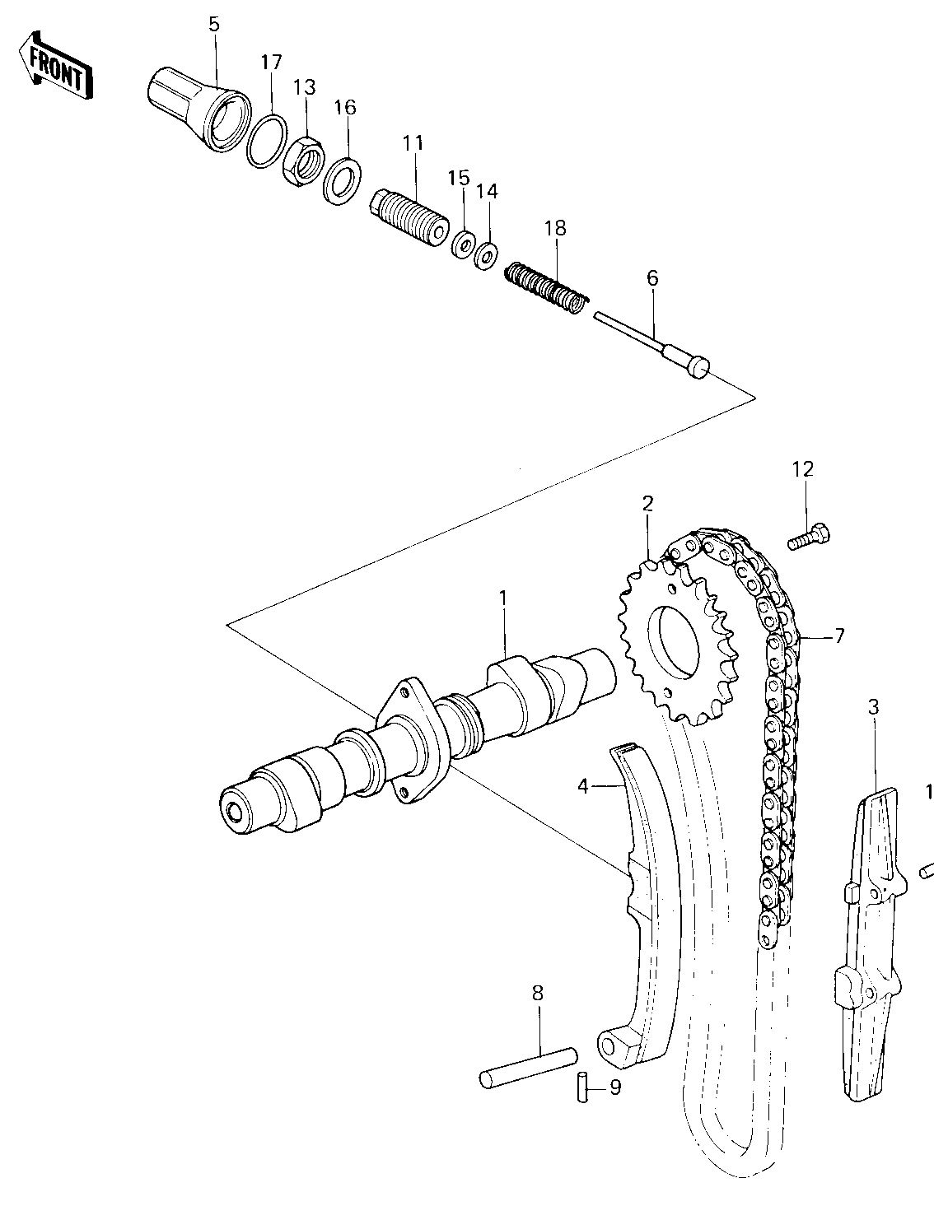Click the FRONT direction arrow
(56, 66)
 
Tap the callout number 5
(214, 25)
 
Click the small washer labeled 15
(463, 244)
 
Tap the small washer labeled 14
(487, 256)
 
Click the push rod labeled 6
(651, 345)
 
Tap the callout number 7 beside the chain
(838, 636)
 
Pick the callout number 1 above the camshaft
(503, 599)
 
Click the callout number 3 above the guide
(873, 709)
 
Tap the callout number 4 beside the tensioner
(582, 786)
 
